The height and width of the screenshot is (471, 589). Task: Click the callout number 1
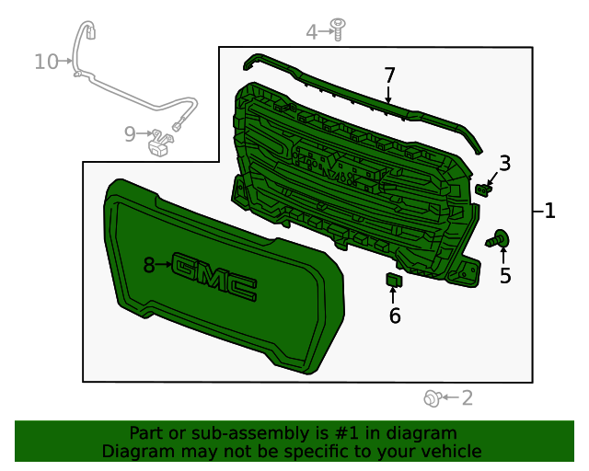550,211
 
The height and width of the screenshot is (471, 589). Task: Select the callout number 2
467,397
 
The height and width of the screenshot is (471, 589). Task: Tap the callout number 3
505,164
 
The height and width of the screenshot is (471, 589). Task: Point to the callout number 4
312,32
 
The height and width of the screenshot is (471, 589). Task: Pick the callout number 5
505,275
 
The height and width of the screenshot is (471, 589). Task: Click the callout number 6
395,316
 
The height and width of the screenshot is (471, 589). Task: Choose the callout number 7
389,75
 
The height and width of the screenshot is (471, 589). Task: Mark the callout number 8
149,265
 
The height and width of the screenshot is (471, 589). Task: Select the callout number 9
130,134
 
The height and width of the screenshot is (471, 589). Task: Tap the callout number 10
47,62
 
